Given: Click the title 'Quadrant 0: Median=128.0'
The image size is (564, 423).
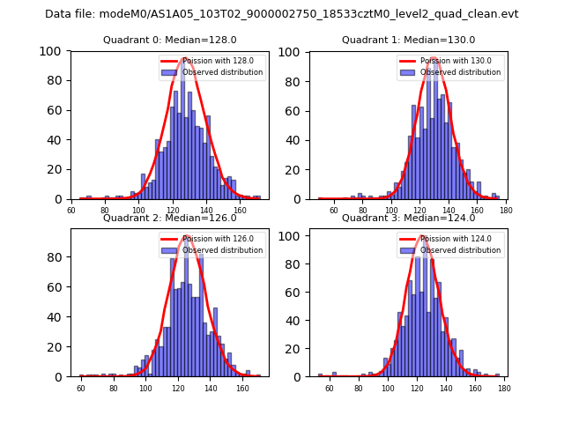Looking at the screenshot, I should pyautogui.click(x=170, y=40).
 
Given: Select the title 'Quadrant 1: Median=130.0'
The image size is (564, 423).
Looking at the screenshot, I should pyautogui.click(x=408, y=40).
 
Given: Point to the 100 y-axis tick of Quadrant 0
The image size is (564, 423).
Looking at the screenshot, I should pyautogui.click(x=51, y=51).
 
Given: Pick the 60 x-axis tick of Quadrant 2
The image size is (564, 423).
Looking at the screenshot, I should pyautogui.click(x=81, y=388).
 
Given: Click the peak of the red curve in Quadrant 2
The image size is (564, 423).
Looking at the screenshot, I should pyautogui.click(x=186, y=236).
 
